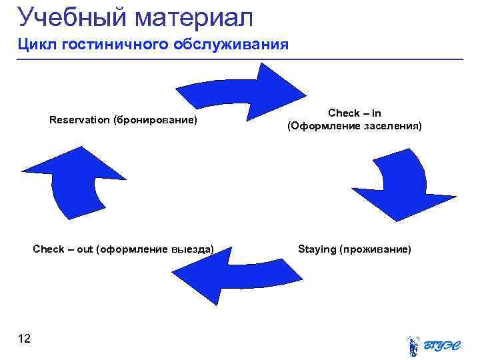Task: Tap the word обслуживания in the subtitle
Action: pyautogui.click(x=231, y=45)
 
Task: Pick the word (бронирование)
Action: pyautogui.click(x=155, y=120)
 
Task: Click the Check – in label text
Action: pyautogui.click(x=355, y=113)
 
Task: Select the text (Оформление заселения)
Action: pyautogui.click(x=355, y=125)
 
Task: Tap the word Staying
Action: pyautogui.click(x=317, y=249)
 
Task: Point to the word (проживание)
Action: pyautogui.click(x=375, y=249)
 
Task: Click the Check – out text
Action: pyautogui.click(x=63, y=249)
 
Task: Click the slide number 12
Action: pyautogui.click(x=25, y=339)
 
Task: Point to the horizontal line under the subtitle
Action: pyautogui.click(x=240, y=60)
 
